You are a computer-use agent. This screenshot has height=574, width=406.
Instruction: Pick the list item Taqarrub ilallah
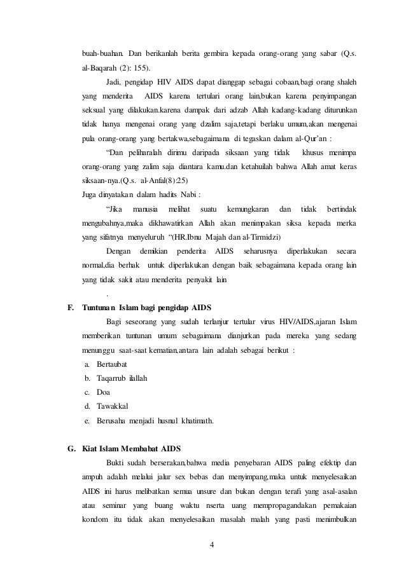click(x=122, y=379)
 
